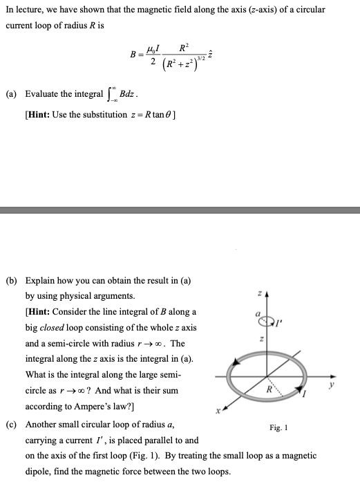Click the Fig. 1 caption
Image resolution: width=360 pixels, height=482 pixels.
tap(279, 428)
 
